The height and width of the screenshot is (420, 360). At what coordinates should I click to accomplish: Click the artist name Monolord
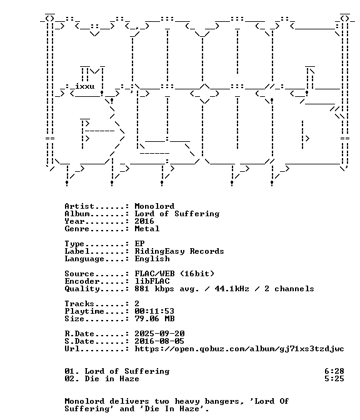pos(154,206)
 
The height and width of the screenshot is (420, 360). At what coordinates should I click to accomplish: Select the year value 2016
pos(144,221)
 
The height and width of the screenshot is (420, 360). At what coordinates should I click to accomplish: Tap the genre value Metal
pos(147,229)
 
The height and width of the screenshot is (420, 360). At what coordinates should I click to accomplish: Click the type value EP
pos(139,244)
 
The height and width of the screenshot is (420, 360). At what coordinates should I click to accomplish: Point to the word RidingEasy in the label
pos(159,251)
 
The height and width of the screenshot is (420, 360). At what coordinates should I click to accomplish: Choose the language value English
pos(152,259)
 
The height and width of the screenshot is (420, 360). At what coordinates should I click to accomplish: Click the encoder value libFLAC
pos(152,281)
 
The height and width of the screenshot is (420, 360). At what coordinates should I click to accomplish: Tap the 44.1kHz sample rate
pos(232,289)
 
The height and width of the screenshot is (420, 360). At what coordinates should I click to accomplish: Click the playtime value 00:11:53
pos(154,311)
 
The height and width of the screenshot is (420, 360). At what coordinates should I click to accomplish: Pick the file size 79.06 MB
pos(154,319)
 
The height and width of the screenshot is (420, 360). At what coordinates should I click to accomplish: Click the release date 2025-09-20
pos(159,334)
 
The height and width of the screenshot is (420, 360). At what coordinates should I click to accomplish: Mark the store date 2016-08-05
pos(159,341)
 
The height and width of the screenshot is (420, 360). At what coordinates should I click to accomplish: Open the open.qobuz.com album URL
pos(239,349)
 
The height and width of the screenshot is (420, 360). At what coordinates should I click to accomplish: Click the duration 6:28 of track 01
pos(334,371)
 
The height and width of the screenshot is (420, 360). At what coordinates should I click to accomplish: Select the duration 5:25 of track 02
pos(334,379)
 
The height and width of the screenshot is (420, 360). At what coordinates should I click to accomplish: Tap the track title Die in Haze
pos(112,379)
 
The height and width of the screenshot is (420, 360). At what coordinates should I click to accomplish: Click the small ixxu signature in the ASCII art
pos(84,86)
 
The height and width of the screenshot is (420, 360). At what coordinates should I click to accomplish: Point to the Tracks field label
pos(79,304)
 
